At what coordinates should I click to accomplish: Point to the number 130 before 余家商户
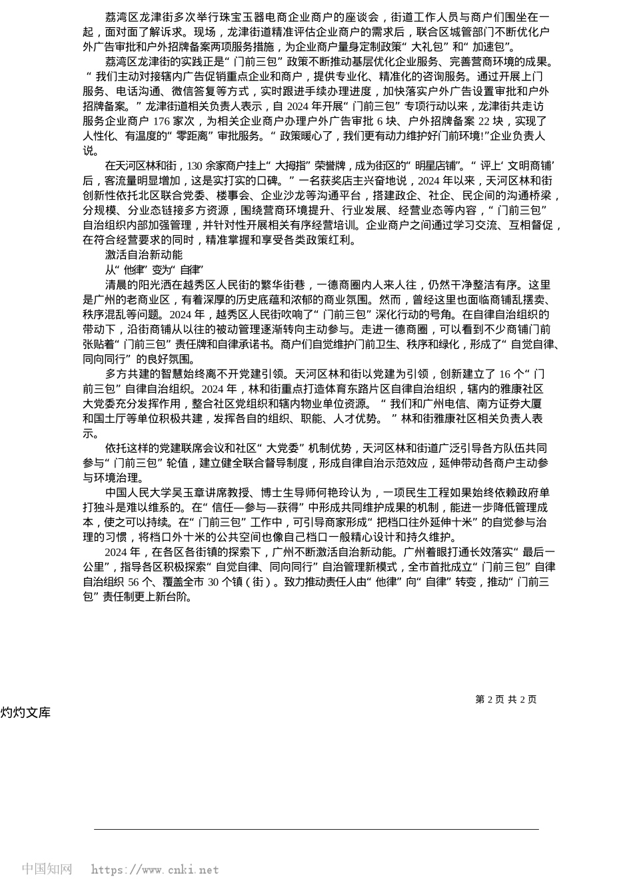pos(195,166)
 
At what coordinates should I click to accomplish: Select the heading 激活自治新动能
pos(143,255)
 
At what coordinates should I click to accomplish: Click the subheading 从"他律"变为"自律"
pos(153,270)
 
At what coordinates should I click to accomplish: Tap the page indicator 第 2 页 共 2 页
pos(506,699)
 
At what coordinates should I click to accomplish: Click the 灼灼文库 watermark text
pos(25,713)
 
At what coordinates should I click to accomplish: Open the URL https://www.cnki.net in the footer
pos(155,870)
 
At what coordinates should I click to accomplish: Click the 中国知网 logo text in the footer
pos(47,869)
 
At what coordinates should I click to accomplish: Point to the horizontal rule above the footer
pos(316,829)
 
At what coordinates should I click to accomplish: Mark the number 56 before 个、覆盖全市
pos(134,582)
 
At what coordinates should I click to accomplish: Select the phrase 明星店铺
pos(439,166)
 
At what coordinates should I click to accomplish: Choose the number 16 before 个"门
pos(504,374)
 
